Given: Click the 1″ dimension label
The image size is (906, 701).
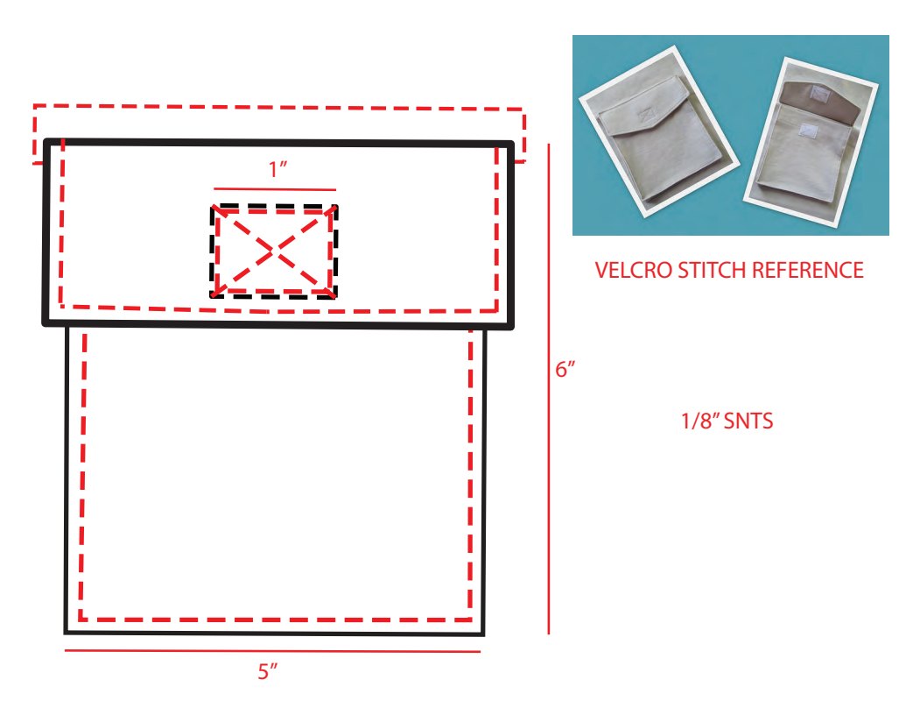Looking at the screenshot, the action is (277, 169).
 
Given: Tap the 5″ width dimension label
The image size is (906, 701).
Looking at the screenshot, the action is (268, 671).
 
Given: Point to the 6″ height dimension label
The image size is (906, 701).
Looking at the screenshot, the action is (565, 369).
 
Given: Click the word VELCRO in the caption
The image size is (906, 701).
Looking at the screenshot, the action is (633, 270).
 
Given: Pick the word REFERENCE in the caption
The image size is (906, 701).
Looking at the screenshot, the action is (810, 270).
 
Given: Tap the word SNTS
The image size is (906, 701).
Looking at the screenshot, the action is (748, 421).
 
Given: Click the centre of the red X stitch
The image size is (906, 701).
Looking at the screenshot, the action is (273, 251).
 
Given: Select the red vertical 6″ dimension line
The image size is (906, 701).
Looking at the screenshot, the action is (548, 389).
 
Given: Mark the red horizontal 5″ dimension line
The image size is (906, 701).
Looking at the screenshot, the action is (272, 651).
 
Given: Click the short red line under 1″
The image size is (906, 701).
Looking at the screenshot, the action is (275, 189).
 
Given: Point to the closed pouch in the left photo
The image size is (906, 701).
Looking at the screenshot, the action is (658, 131).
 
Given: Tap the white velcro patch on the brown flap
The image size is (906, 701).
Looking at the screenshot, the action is (818, 93).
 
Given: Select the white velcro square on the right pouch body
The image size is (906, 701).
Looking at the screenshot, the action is (807, 131).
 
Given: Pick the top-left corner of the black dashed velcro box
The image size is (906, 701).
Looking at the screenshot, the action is (213, 207).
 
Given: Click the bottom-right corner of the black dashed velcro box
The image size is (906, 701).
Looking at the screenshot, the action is (335, 297).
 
